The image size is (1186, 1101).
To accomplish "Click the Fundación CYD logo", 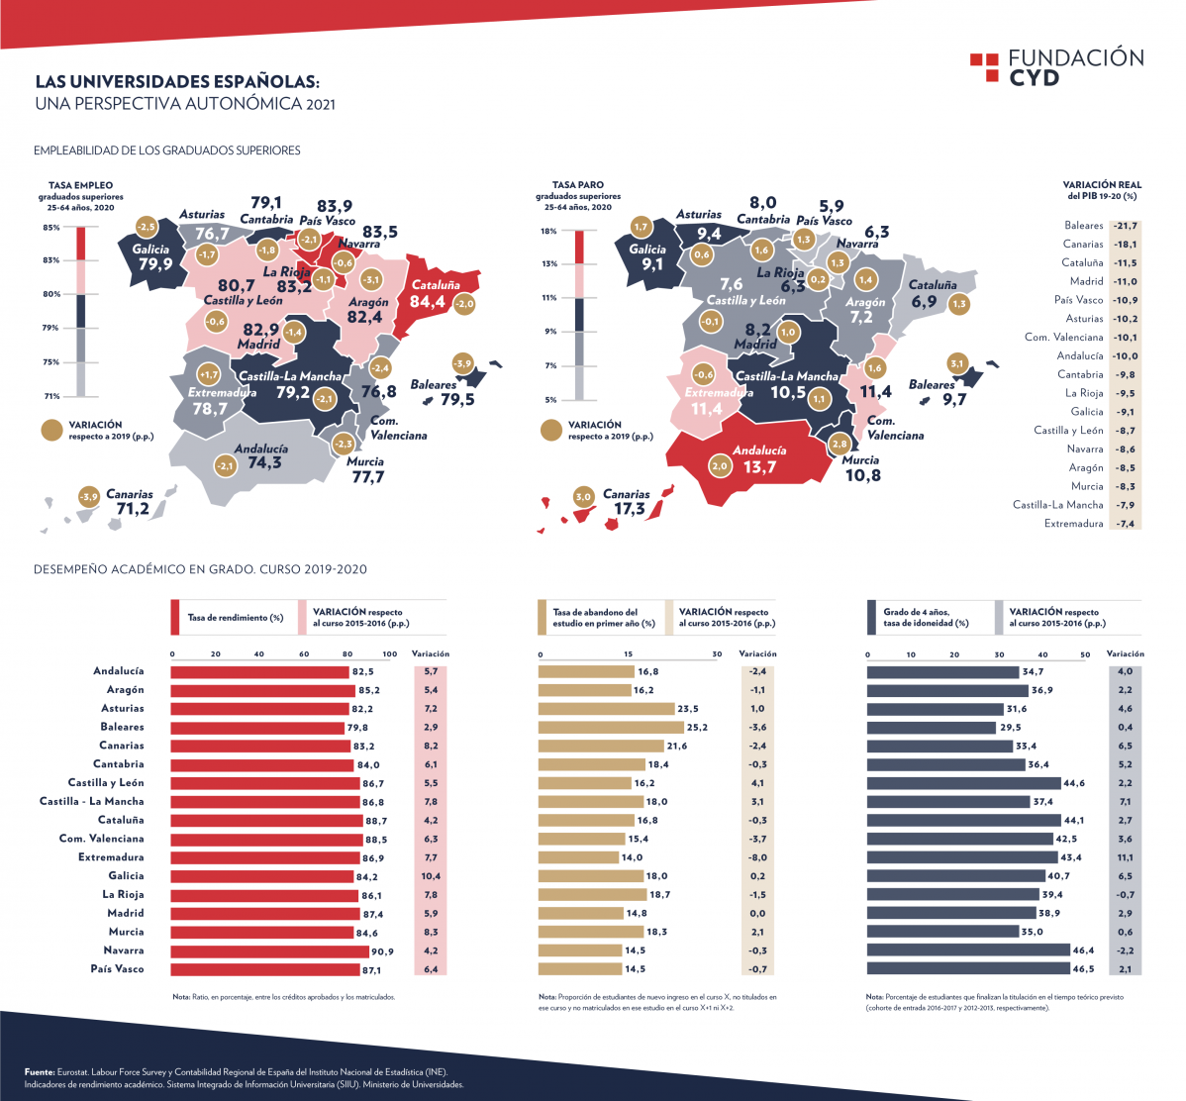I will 1056,66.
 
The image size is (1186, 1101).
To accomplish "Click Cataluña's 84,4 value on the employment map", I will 427,302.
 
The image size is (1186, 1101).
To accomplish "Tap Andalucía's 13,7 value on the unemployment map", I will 759,466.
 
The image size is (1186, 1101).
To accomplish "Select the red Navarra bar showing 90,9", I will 266,951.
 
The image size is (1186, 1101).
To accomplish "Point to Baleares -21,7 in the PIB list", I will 1124,226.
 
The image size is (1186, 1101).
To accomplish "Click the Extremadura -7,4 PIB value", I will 1125,524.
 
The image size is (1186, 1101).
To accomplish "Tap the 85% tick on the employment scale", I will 49,228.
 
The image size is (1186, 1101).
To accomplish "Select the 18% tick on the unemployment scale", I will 547,232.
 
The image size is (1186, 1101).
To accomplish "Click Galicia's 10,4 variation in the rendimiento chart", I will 431,876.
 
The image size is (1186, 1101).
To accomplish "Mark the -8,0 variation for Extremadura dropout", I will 757,857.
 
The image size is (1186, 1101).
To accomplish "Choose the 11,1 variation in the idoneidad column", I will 1125,857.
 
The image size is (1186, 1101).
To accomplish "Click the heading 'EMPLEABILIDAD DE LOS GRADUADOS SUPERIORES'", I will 166,150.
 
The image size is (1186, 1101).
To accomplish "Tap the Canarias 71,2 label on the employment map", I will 132,509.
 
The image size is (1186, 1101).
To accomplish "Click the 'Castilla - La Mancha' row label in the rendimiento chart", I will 91,801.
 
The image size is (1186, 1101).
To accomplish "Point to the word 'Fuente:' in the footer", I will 40,1071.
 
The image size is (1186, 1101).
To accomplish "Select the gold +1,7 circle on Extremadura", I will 208,375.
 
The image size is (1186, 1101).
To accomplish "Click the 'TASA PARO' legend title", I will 577,185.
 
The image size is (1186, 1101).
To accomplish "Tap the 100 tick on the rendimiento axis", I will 389,654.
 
